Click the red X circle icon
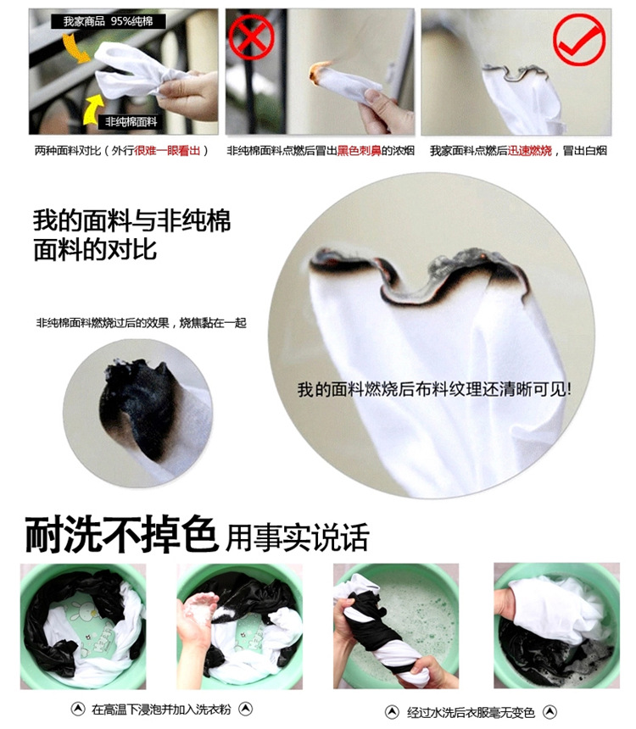(251, 36)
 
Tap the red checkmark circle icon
(579, 40)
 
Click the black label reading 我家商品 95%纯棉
(108, 21)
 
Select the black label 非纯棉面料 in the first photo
(131, 122)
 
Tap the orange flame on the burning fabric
(317, 73)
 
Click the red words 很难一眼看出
(167, 151)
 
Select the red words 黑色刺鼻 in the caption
(359, 151)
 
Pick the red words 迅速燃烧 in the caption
(529, 151)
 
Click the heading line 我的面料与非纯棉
(132, 221)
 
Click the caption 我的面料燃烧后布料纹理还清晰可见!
(434, 389)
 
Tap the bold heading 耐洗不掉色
(121, 534)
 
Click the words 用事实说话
(297, 537)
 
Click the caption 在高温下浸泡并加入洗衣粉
(161, 709)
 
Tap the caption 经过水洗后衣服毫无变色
(471, 712)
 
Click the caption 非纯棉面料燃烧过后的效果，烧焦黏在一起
(141, 323)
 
